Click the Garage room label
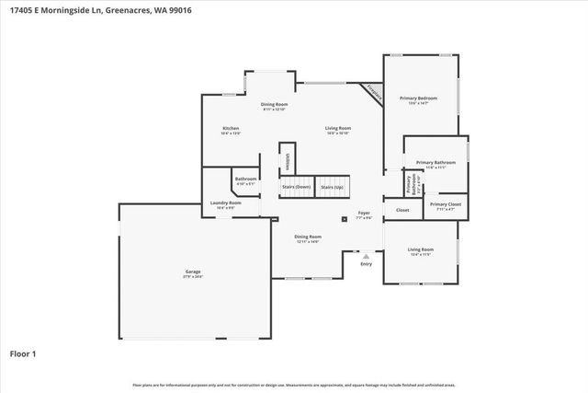point(193,271)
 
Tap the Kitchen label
point(231,128)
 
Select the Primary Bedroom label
point(417,98)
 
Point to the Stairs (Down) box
point(296,187)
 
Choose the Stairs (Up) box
point(332,187)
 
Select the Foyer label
point(364,213)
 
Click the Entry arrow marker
point(367,257)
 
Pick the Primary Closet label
point(445,204)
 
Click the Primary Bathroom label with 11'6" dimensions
point(435,163)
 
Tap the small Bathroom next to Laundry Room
point(245,179)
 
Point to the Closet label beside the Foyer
point(402,210)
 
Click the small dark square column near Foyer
point(344,219)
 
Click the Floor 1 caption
point(22,353)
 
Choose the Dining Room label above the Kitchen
point(274,104)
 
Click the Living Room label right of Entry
point(421,249)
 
